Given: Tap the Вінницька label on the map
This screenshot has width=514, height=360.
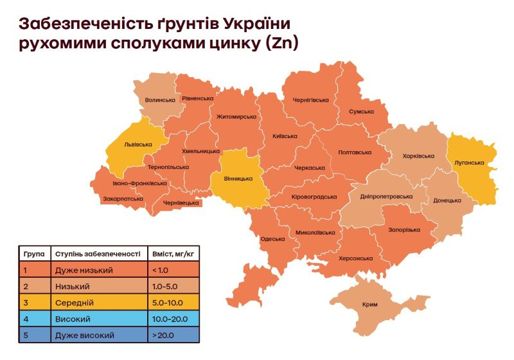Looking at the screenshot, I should click(238, 179).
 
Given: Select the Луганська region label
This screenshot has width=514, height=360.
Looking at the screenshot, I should click(468, 163).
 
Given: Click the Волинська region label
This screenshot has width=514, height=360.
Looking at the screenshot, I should click(160, 100).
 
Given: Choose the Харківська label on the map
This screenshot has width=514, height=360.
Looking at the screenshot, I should click(418, 156).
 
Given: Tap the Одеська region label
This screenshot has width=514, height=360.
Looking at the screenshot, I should click(272, 239).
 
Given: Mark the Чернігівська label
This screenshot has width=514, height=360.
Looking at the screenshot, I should click(310, 100).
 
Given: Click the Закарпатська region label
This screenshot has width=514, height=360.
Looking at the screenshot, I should click(123, 199).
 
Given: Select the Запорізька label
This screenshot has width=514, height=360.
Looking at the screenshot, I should click(403, 230).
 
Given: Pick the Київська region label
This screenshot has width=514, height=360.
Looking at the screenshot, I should click(285, 136).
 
